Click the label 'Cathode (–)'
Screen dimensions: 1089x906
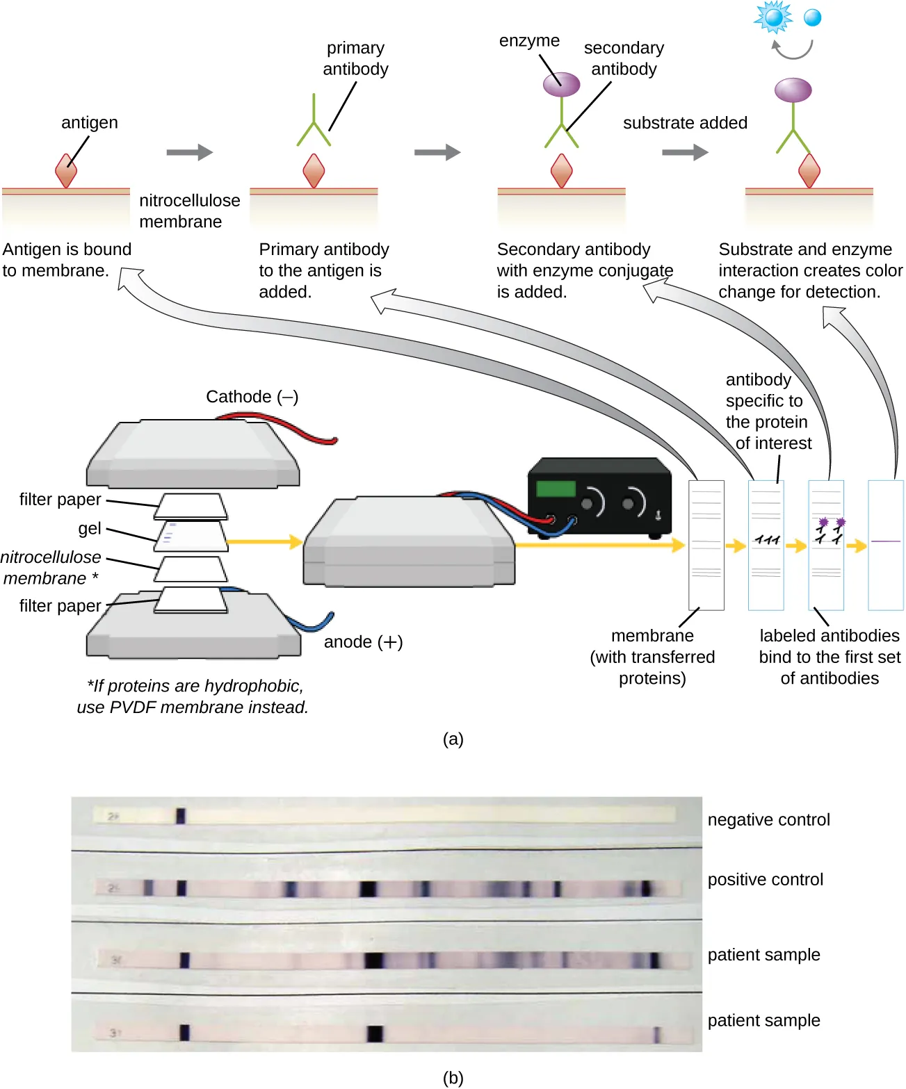coord(252,397)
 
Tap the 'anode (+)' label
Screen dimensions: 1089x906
coord(363,641)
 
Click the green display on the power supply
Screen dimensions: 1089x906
coord(556,489)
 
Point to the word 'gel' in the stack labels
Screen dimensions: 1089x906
coord(90,528)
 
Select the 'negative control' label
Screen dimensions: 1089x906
coord(768,820)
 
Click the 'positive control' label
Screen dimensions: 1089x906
coord(765,880)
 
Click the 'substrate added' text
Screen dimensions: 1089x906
coord(685,123)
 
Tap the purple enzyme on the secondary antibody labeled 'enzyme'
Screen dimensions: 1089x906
coord(561,85)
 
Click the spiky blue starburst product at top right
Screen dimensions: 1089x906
coord(773,17)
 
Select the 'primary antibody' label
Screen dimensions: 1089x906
coord(355,58)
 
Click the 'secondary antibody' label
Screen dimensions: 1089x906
coord(624,58)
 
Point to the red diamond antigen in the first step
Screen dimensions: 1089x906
coord(66,171)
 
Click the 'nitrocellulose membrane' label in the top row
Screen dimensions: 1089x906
coord(189,211)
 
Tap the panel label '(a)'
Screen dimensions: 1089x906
coord(453,739)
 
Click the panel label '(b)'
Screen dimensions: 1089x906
coord(453,1077)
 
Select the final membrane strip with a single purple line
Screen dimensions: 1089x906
coord(885,545)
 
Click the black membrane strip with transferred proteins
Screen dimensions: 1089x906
coord(706,545)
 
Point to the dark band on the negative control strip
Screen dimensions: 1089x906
coord(181,816)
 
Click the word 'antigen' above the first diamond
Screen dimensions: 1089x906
coord(90,123)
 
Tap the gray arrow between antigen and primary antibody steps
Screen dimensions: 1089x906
coord(189,152)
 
